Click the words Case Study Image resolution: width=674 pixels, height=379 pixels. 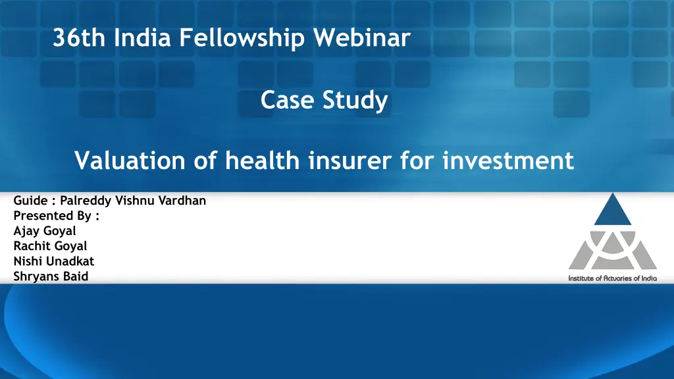[324, 101]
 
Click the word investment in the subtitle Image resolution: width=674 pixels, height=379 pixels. [508, 160]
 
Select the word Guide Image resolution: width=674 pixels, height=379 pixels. [29, 201]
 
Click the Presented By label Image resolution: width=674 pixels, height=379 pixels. [56, 216]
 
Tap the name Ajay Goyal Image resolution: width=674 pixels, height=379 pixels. [45, 231]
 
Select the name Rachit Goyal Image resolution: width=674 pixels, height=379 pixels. [50, 246]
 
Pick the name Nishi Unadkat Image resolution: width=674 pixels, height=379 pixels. [54, 261]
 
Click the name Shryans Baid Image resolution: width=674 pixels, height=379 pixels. [51, 276]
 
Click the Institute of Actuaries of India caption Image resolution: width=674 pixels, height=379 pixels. [612, 278]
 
